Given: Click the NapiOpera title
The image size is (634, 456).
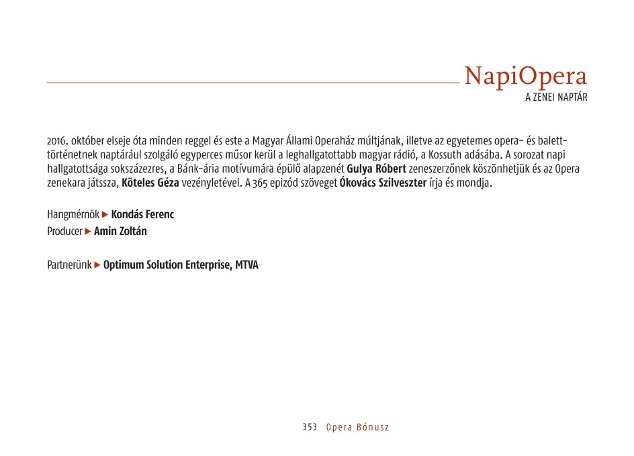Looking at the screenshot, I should [x=525, y=77].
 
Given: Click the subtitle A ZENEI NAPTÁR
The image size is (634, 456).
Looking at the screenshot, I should [x=556, y=97].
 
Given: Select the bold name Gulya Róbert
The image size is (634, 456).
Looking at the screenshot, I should [x=376, y=169].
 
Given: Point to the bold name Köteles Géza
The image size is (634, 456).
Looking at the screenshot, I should [x=150, y=183].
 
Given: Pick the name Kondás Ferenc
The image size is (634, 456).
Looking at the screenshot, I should [x=142, y=215].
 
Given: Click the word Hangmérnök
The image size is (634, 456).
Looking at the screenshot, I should [x=73, y=215].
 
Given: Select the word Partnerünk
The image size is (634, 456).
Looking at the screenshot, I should [x=69, y=265].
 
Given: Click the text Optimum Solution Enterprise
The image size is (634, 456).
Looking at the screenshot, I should [x=167, y=265].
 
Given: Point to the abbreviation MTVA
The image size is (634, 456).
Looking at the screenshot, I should [x=246, y=265].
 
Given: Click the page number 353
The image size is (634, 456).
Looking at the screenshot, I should [x=310, y=427].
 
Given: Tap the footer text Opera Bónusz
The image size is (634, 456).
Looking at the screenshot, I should [x=357, y=427].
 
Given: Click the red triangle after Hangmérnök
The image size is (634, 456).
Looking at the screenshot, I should [x=105, y=215].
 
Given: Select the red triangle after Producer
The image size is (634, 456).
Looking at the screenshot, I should [x=88, y=232].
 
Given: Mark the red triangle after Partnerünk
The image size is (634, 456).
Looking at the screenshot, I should [x=97, y=265].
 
